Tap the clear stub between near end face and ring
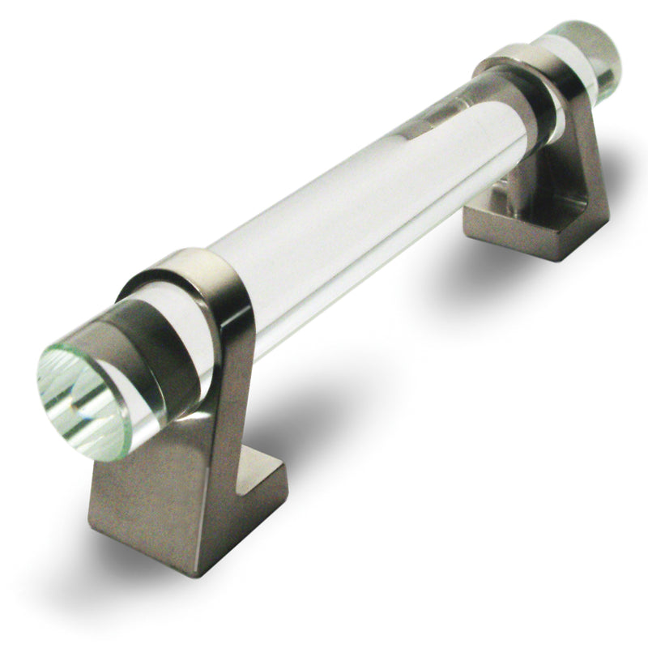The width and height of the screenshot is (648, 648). [x=134, y=356]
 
